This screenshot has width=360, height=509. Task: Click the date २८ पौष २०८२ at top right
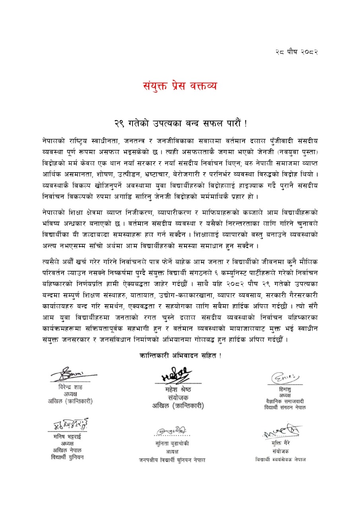click(x=297, y=52)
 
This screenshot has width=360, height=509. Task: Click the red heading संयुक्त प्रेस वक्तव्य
click(x=180, y=85)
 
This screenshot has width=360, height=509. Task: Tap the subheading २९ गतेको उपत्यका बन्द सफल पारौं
click(x=180, y=124)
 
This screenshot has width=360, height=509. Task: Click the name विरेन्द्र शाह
click(x=70, y=387)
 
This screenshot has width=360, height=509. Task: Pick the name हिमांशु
click(x=285, y=390)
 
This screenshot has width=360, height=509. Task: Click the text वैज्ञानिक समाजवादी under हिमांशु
click(x=285, y=402)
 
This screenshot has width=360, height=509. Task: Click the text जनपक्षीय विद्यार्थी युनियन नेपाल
click(x=172, y=460)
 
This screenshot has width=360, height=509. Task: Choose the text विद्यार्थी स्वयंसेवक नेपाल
click(x=281, y=459)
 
